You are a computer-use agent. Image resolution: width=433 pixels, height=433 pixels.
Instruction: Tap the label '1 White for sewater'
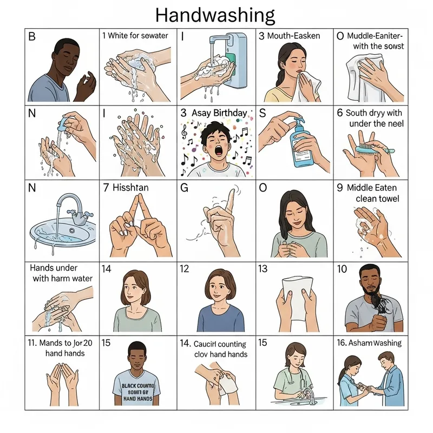[135, 36]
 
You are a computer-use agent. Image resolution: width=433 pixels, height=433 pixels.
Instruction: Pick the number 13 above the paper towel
[264, 269]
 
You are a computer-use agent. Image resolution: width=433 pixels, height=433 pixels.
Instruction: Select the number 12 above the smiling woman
[184, 269]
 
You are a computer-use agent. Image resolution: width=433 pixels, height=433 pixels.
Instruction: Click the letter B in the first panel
[31, 37]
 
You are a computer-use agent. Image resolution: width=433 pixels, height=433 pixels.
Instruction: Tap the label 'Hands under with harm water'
[61, 273]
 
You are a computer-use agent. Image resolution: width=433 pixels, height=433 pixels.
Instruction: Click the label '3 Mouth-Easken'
[289, 36]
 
